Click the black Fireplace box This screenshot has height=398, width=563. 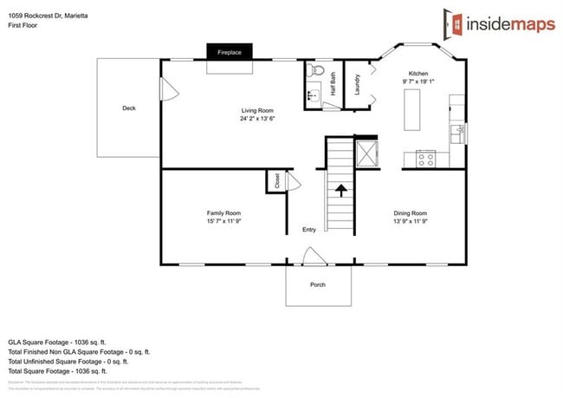(230, 52)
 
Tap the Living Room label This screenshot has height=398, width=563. (257, 110)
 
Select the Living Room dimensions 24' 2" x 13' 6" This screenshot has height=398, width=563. (257, 119)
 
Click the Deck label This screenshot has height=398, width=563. (128, 108)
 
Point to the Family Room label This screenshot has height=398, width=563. (223, 212)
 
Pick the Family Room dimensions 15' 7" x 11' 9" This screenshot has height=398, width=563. (223, 221)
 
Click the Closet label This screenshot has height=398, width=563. (277, 181)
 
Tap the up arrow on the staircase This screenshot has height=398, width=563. (340, 189)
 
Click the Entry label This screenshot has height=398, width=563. (309, 230)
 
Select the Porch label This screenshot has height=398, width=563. (318, 284)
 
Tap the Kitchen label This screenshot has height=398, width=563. (419, 73)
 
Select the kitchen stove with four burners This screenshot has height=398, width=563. (425, 158)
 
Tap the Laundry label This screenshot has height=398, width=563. (357, 84)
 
